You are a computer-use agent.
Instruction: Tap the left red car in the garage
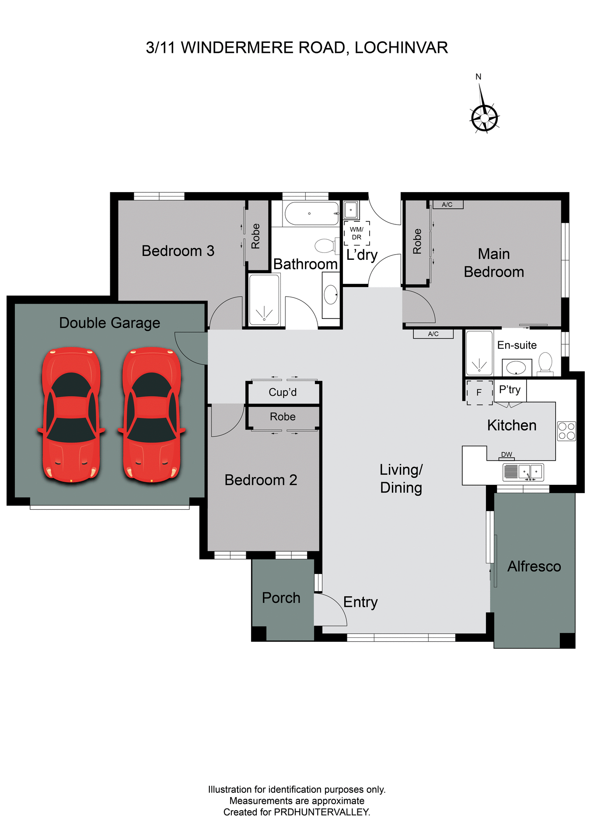pyautogui.click(x=71, y=415)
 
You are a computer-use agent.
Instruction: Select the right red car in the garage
pyautogui.click(x=151, y=415)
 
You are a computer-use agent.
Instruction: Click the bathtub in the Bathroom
pyautogui.click(x=311, y=213)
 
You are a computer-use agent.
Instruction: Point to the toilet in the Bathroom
pyautogui.click(x=325, y=245)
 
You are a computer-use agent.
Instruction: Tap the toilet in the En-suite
pyautogui.click(x=545, y=364)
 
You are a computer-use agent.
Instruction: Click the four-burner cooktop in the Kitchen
pyautogui.click(x=566, y=431)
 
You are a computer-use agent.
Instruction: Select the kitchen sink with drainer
pyautogui.click(x=523, y=472)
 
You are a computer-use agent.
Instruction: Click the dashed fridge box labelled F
pyautogui.click(x=479, y=392)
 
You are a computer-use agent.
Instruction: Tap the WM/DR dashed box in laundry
pyautogui.click(x=356, y=233)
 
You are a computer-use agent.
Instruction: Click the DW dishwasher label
pyautogui.click(x=507, y=455)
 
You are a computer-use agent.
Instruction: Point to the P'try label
pyautogui.click(x=510, y=389)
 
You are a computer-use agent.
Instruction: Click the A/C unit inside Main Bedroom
pyautogui.click(x=447, y=205)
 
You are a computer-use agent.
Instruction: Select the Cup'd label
pyautogui.click(x=283, y=392)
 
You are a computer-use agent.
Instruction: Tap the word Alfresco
pyautogui.click(x=534, y=566)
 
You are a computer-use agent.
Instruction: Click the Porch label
pyautogui.click(x=281, y=598)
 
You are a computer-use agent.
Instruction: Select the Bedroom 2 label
pyautogui.click(x=261, y=480)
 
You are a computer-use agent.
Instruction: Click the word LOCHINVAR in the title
pyautogui.click(x=401, y=48)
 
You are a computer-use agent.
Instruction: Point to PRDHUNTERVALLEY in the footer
pyautogui.click(x=321, y=812)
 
